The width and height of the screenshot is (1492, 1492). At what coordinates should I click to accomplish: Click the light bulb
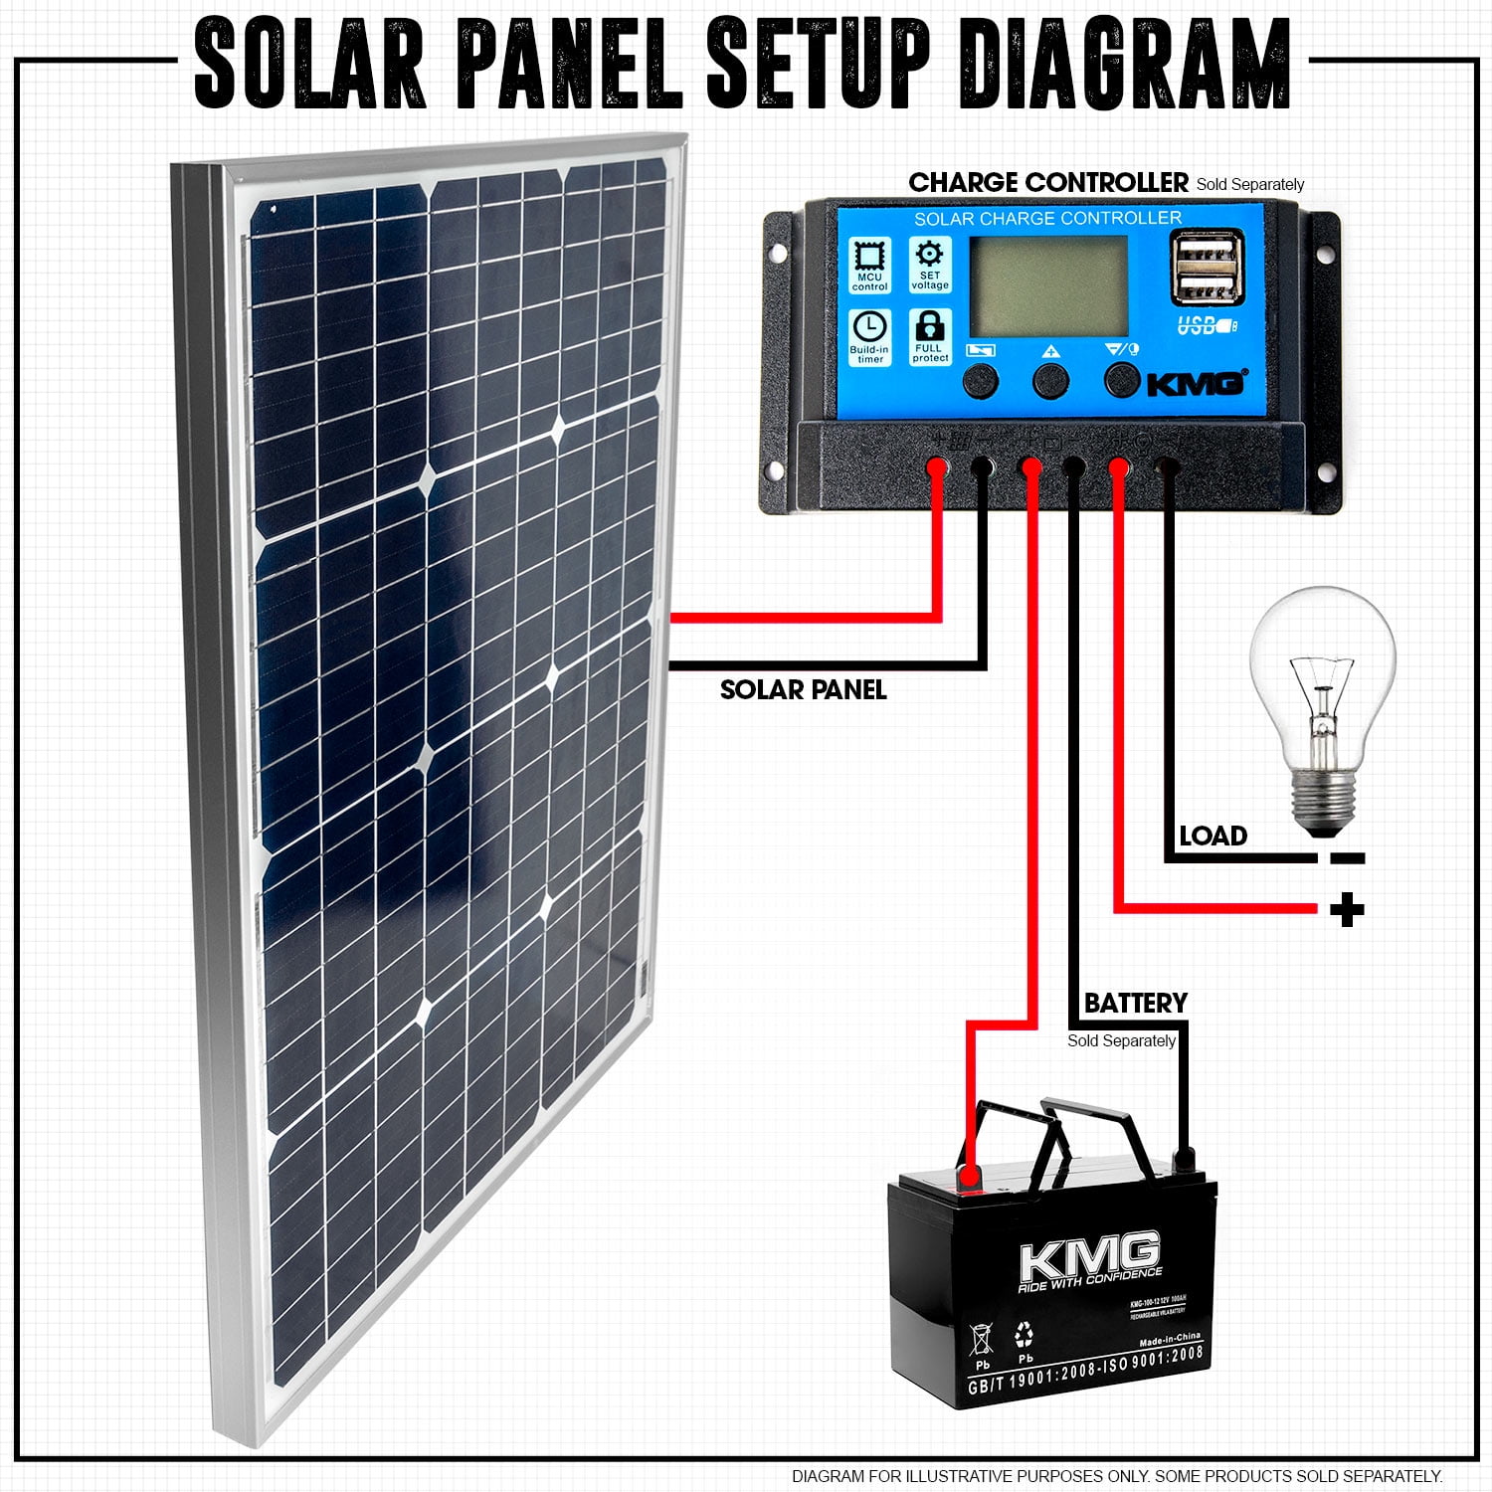click(x=1323, y=686)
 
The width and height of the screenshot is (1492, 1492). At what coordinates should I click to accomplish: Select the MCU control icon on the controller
click(x=869, y=263)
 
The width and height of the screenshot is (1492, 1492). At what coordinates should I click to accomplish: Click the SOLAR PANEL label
click(x=803, y=690)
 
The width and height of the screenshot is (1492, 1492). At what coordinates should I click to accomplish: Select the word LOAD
click(x=1212, y=837)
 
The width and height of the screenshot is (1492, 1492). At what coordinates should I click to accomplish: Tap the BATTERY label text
click(x=1135, y=1003)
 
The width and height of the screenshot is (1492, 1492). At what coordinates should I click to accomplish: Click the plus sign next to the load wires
click(x=1347, y=909)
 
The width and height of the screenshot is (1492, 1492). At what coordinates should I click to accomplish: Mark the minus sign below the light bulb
click(x=1347, y=858)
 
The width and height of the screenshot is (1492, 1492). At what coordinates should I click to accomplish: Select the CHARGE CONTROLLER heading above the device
click(x=1047, y=183)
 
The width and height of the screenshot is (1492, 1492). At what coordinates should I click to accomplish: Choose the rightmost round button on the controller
click(x=1122, y=379)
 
